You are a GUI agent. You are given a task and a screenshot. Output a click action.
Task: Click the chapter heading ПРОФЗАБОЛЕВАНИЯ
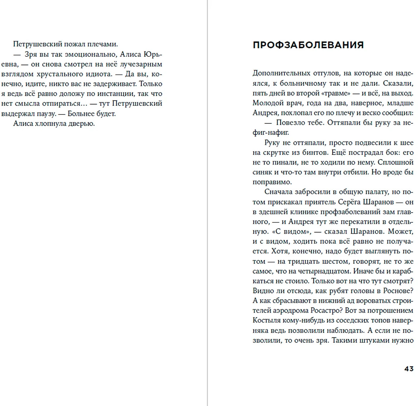point(308,45)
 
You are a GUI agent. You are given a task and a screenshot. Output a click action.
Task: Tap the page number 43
point(409,369)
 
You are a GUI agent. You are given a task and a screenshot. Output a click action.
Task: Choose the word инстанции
point(111,94)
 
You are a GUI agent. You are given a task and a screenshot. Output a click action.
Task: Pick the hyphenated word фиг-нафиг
point(270,133)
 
